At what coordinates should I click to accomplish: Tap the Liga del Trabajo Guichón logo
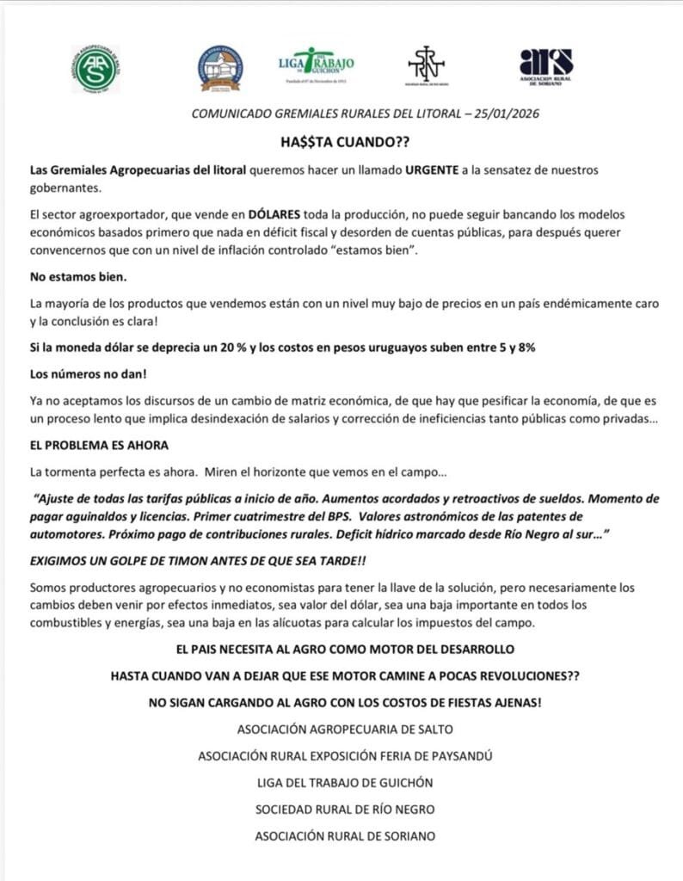click(315, 65)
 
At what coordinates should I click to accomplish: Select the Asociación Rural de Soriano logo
click(546, 65)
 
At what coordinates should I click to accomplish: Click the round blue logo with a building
click(220, 68)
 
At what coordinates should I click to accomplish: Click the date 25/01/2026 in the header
click(511, 113)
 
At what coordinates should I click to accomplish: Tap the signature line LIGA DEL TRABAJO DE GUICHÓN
click(345, 782)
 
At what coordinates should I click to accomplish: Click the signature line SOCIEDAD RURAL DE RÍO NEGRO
click(345, 809)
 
